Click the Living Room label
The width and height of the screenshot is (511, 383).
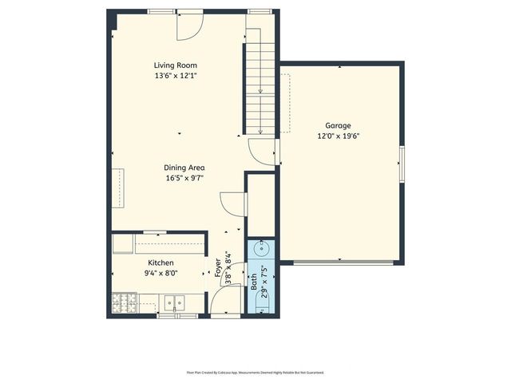tap(176, 65)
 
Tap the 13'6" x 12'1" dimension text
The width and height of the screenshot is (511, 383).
tap(176, 76)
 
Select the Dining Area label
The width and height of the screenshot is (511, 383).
tap(184, 168)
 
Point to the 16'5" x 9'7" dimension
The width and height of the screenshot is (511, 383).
tap(184, 178)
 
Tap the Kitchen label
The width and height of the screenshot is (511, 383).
tap(160, 263)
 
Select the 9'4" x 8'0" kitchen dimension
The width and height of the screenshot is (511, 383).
tap(160, 273)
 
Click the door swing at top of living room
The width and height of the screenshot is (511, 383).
tap(188, 26)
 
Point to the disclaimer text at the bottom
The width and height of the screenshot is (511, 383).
tap(255, 372)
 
